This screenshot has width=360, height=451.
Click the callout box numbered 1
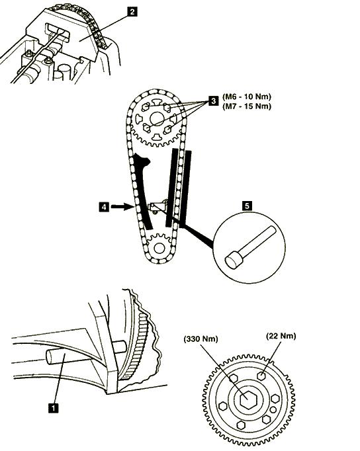point(54,407)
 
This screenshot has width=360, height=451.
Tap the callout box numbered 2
point(132,12)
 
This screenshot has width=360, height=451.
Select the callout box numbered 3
point(213,101)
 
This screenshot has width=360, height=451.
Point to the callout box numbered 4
point(104,207)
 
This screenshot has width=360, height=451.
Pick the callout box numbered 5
point(247,206)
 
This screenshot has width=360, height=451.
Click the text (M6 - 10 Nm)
point(247,97)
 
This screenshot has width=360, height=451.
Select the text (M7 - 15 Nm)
point(247,106)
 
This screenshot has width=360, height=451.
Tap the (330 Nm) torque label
point(201,339)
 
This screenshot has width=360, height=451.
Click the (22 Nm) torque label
point(281,336)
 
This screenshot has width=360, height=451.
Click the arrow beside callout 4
point(120,206)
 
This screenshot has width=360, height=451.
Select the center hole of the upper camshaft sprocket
point(157,119)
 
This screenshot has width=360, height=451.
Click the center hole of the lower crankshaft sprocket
point(159,248)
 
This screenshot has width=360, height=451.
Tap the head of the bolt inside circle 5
point(234,260)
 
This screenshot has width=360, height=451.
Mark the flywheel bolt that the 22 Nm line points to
point(261,376)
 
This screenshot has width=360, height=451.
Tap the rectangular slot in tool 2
point(58,31)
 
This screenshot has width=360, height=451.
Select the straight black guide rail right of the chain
point(186,187)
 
